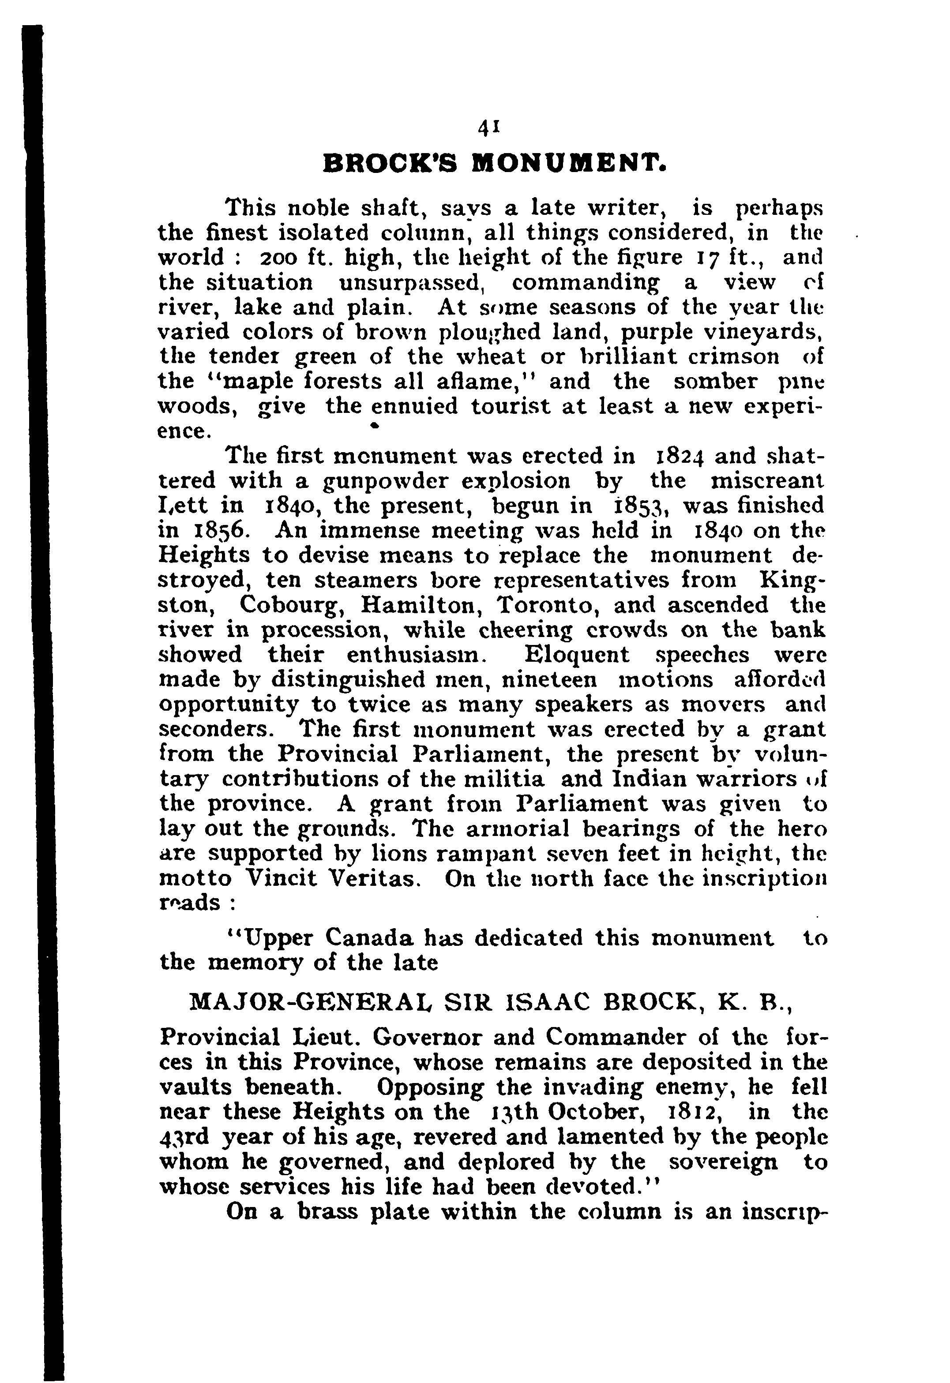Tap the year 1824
tap(679, 457)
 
